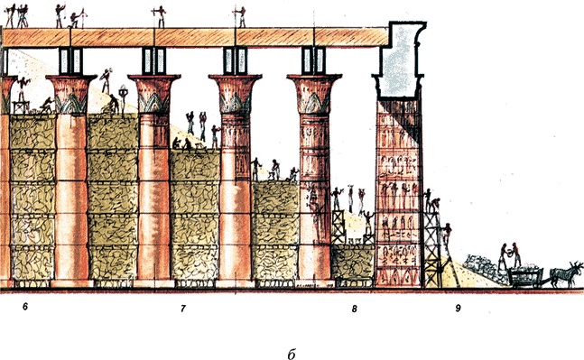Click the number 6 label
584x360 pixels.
tap(26, 309)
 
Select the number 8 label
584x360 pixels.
tap(355, 309)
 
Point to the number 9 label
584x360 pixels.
tap(458, 309)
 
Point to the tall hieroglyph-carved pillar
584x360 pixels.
tap(398, 194)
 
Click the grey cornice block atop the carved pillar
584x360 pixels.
tap(398, 63)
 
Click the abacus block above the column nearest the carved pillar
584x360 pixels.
tap(314, 60)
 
